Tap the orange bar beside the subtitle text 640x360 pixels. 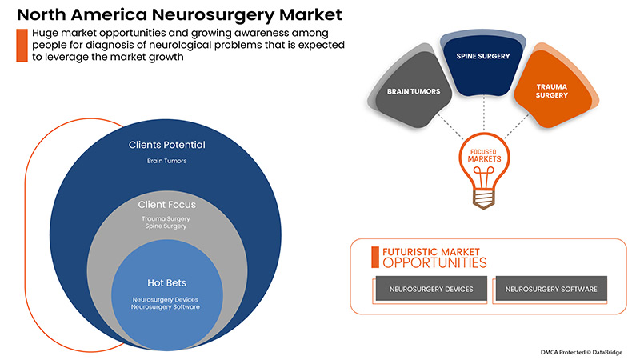click(19, 45)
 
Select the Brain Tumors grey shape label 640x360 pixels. click(414, 92)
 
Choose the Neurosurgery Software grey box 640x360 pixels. click(550, 289)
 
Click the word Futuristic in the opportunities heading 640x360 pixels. click(410, 250)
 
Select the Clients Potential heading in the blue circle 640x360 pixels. click(167, 146)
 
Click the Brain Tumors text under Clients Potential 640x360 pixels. click(167, 161)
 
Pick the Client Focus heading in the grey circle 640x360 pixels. click(167, 205)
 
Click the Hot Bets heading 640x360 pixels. click(167, 283)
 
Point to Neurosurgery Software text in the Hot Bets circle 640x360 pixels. click(167, 307)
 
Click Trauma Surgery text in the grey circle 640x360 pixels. click(167, 218)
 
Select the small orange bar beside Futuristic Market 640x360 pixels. click(374, 256)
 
